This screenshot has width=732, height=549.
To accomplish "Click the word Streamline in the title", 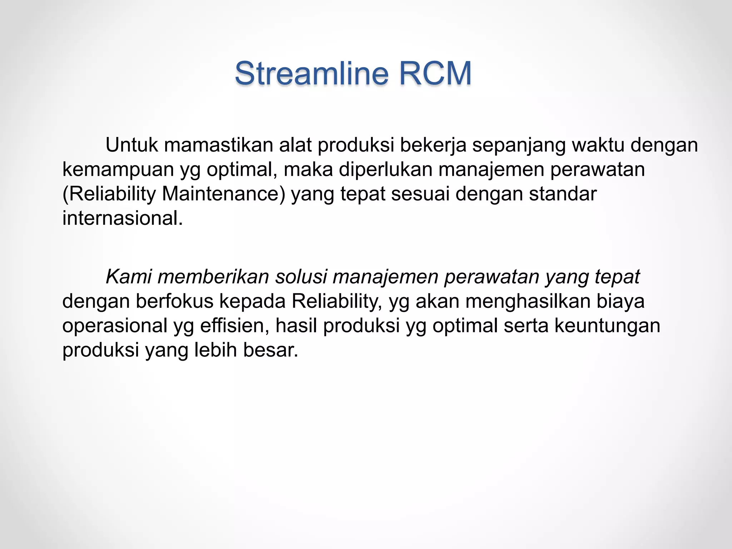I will click(x=311, y=73).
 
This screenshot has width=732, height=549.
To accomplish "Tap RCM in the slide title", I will click(x=435, y=73).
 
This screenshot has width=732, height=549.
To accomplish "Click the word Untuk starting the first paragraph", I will click(x=132, y=145).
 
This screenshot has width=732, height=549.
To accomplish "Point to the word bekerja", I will click(x=433, y=145).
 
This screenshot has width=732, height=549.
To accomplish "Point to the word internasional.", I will click(x=122, y=218).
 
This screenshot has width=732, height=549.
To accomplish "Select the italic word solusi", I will click(x=301, y=277).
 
